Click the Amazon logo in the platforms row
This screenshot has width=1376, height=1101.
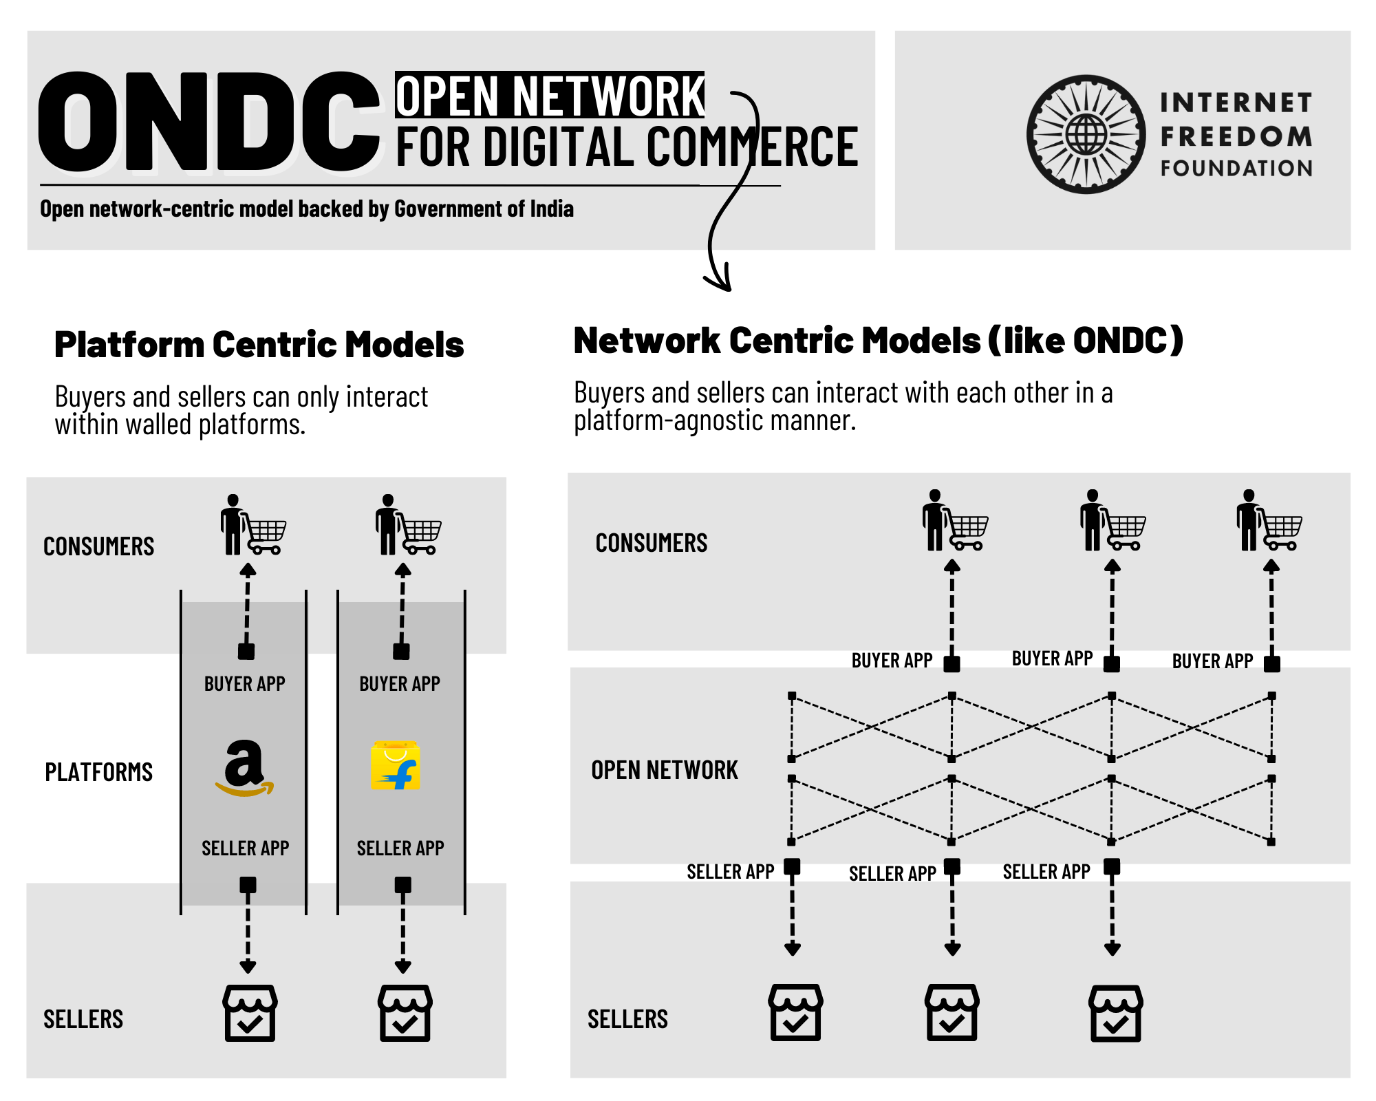click(x=244, y=767)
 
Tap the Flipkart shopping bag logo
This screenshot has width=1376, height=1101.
click(x=396, y=765)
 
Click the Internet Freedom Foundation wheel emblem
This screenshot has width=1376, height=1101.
click(x=1086, y=134)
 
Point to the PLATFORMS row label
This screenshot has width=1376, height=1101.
click(x=98, y=772)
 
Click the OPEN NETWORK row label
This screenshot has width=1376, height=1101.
click(x=664, y=770)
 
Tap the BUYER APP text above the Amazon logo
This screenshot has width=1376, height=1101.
click(x=244, y=684)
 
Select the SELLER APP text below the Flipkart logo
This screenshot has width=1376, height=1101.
click(x=400, y=848)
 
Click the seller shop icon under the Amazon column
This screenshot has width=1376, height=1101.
click(x=250, y=1013)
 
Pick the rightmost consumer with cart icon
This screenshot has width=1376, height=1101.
click(x=1269, y=521)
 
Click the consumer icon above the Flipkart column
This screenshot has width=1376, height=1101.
click(x=407, y=525)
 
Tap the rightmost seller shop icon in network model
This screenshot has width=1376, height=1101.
click(x=1115, y=1013)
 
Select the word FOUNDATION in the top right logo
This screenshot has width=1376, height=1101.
click(x=1236, y=168)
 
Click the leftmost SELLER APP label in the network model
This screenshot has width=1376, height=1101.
click(x=730, y=872)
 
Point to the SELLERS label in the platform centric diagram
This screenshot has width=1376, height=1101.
click(x=83, y=1019)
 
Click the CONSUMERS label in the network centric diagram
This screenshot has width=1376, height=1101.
click(x=651, y=543)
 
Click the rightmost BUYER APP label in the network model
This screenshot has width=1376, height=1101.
click(x=1212, y=661)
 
